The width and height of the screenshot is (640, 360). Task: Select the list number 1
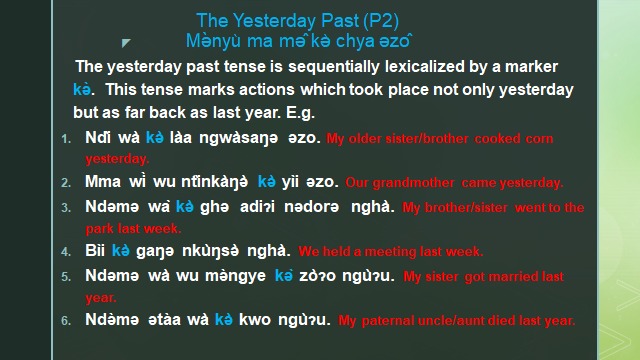click(65, 138)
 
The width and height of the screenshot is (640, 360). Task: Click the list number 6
click(65, 321)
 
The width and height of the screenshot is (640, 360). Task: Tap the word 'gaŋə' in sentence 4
click(157, 251)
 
